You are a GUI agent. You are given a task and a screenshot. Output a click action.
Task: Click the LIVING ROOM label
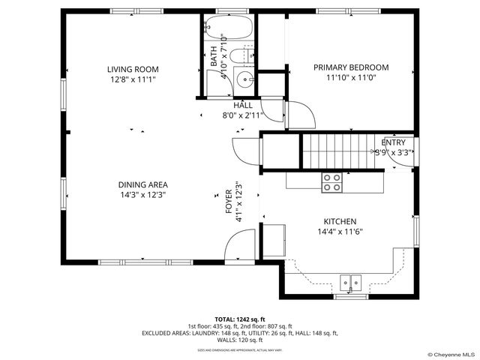pos(132,69)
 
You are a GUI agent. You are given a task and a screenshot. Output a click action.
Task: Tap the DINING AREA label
pos(142,184)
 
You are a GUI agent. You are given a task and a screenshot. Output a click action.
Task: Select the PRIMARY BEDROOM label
pos(350,67)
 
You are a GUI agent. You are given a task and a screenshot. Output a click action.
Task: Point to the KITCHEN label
pos(339,222)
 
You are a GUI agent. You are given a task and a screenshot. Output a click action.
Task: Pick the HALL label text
pos(242,106)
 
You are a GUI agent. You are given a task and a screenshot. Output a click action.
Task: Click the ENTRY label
pos(393,142)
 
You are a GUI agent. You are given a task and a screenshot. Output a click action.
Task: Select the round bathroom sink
pos(245,80)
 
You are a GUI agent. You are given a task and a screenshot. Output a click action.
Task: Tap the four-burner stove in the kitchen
pos(331,181)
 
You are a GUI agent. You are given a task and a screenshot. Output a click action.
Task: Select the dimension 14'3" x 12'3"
pos(142,194)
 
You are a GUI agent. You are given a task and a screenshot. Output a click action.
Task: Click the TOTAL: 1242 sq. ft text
pos(239,319)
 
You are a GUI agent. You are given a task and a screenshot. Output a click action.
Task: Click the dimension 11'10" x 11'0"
pos(350,77)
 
